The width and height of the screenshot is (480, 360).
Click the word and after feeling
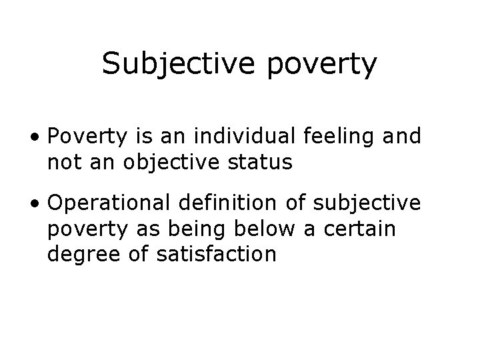[x=403, y=137]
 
